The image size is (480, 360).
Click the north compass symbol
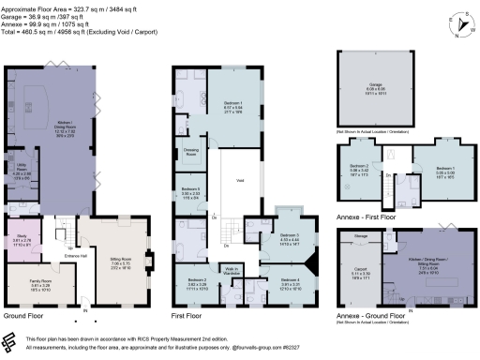pyautogui.click(x=457, y=22)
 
